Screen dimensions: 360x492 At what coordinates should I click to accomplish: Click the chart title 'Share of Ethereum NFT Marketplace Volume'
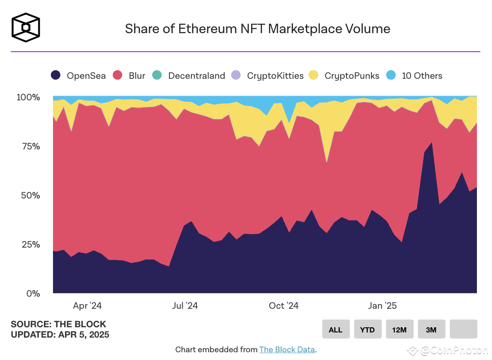click(x=257, y=29)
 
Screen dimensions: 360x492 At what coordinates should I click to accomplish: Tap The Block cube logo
click(x=26, y=28)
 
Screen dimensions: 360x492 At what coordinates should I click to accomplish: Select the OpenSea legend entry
click(x=78, y=76)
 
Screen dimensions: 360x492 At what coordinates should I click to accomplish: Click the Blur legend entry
click(x=129, y=76)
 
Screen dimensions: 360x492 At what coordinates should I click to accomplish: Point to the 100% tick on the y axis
click(x=28, y=97)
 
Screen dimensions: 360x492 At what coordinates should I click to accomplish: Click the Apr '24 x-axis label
click(x=87, y=306)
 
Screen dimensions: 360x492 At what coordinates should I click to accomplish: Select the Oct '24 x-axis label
click(x=283, y=306)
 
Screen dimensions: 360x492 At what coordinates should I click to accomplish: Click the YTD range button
click(x=367, y=329)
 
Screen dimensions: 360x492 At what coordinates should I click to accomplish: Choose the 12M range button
click(x=399, y=329)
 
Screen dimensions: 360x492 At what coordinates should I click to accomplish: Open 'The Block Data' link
click(x=287, y=350)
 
